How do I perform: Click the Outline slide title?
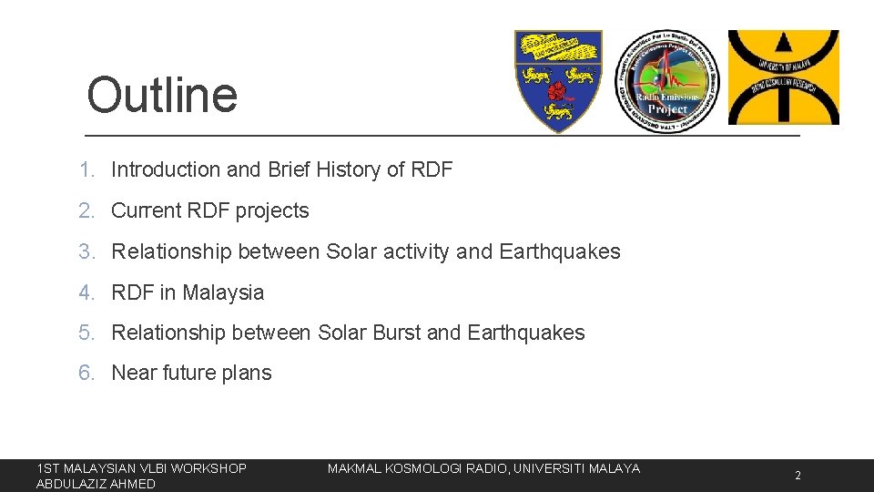[162, 95]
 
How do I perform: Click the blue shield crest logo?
[558, 80]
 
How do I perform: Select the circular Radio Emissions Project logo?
[666, 82]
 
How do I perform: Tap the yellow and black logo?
[783, 77]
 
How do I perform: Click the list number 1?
[86, 169]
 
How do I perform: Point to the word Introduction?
[166, 169]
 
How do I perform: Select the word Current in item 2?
[144, 210]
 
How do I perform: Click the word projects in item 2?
[272, 211]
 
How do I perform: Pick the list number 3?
[86, 251]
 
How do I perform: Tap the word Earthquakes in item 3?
[560, 251]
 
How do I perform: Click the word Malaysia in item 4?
[223, 292]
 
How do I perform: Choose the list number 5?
[86, 333]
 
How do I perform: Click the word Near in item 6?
[134, 373]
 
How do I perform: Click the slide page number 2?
[798, 476]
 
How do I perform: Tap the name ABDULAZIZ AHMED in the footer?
[96, 484]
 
